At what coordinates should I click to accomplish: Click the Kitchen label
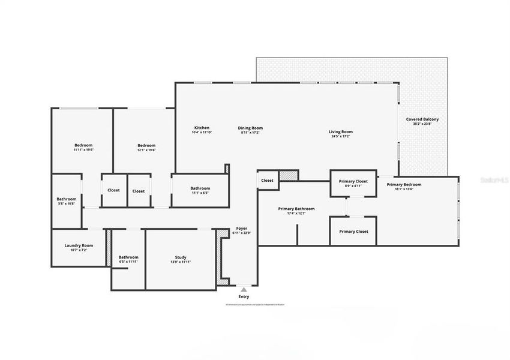[x=202, y=128]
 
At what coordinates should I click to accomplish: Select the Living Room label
[x=340, y=132]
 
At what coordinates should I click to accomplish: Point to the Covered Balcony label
[x=422, y=119]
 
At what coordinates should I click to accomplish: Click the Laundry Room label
[x=79, y=245]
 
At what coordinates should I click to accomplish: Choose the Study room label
[x=180, y=257]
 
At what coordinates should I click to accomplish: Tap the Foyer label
[x=242, y=228]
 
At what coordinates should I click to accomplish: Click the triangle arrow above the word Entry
[x=244, y=289]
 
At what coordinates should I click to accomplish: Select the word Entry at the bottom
[x=244, y=296]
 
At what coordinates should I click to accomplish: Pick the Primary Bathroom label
[x=296, y=209]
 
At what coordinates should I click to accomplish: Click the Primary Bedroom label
[x=404, y=184]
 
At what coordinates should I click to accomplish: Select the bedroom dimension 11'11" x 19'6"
[x=83, y=150]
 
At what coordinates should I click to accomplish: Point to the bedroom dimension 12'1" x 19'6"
[x=146, y=150]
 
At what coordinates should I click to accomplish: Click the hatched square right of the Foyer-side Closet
[x=289, y=175]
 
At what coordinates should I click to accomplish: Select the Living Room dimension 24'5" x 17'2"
[x=340, y=137]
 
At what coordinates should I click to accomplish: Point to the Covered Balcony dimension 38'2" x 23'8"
[x=422, y=124]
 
